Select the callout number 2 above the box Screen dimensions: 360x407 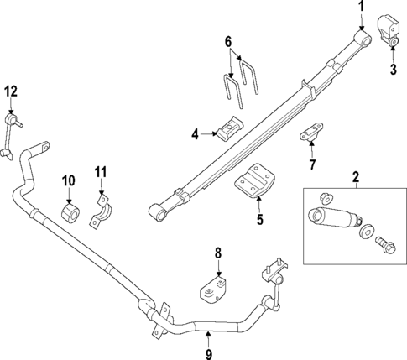356,176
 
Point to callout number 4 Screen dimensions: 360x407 195,133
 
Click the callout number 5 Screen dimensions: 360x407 259,221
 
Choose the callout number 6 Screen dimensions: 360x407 227,41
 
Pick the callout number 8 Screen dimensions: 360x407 217,252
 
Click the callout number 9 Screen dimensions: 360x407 209,339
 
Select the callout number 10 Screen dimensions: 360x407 69,180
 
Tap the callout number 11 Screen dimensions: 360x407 100,174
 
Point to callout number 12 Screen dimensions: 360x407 10,91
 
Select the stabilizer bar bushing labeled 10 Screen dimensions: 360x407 70,213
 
